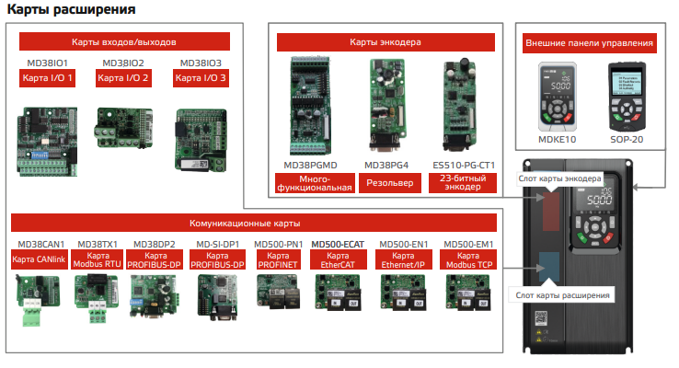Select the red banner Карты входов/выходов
tap(123, 42)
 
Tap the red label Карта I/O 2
tap(123, 78)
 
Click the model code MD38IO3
tap(201, 63)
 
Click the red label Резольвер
tap(387, 183)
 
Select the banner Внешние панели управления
tap(589, 42)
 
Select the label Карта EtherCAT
tap(337, 259)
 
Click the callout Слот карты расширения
tap(559, 295)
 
